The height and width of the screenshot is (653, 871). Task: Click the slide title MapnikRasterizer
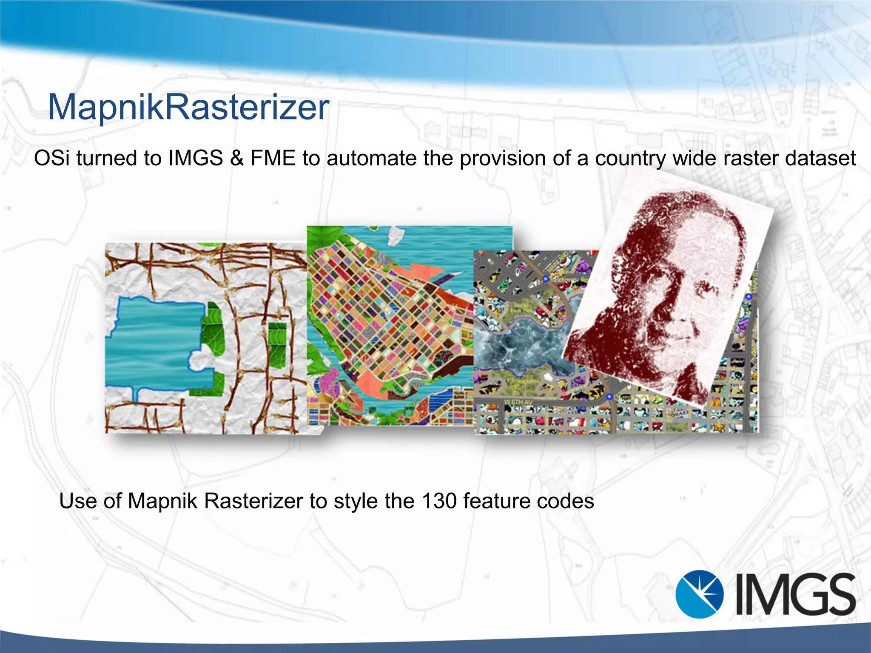point(188,107)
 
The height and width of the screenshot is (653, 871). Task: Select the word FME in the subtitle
point(273,158)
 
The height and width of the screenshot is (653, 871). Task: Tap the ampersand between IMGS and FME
point(236,158)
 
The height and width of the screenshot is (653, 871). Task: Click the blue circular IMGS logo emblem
point(699,594)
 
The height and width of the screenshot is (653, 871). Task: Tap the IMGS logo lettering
point(795,594)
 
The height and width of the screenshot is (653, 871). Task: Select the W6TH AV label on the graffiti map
point(518,402)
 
